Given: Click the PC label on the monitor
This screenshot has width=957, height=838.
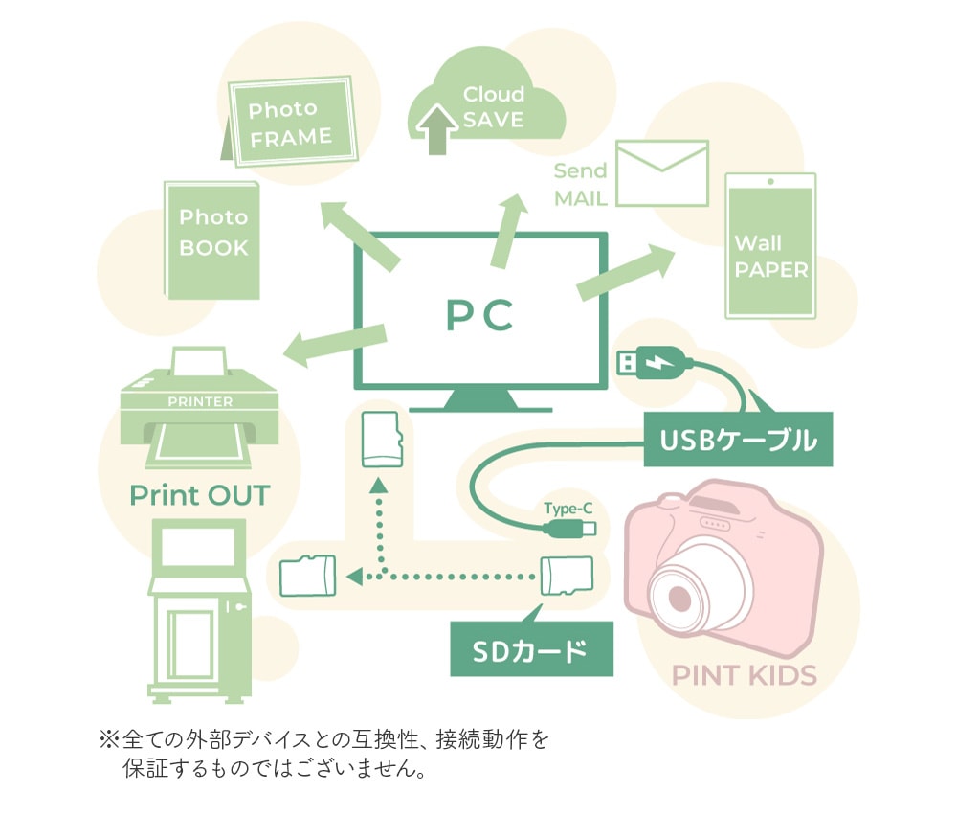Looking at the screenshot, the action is [479, 315].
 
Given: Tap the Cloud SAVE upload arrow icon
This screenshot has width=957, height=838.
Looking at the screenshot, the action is [437, 129].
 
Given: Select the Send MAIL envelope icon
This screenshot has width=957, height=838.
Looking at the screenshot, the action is [662, 173].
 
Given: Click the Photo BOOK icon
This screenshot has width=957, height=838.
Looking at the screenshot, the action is [211, 240].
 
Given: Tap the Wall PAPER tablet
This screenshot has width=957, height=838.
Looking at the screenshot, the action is [770, 246].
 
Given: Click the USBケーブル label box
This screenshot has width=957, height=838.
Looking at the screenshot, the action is [738, 440].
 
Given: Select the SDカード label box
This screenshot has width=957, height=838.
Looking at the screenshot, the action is [531, 649].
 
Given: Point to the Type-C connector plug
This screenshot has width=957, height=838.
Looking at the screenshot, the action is [569, 529].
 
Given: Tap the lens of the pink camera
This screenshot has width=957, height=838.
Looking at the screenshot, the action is [679, 597].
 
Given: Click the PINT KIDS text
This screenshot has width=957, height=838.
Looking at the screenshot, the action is [744, 675].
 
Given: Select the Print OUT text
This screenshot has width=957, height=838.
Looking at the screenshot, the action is [200, 495].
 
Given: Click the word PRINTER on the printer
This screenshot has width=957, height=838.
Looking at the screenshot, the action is [200, 402].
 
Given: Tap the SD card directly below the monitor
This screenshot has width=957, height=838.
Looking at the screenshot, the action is [382, 440].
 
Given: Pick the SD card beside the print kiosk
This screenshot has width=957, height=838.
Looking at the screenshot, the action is [307, 576].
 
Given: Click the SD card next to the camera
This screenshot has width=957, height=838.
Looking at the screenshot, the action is [567, 576].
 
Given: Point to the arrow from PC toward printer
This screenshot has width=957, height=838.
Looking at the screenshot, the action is [335, 345].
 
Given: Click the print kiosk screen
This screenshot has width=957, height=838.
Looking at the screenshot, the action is [198, 548].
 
